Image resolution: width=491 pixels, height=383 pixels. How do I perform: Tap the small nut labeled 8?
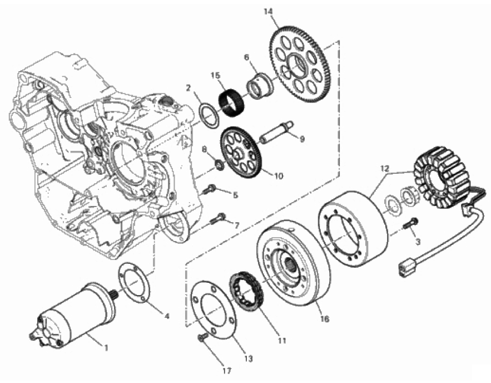[219, 165]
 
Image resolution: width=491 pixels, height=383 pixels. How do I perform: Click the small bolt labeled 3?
[411, 224]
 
